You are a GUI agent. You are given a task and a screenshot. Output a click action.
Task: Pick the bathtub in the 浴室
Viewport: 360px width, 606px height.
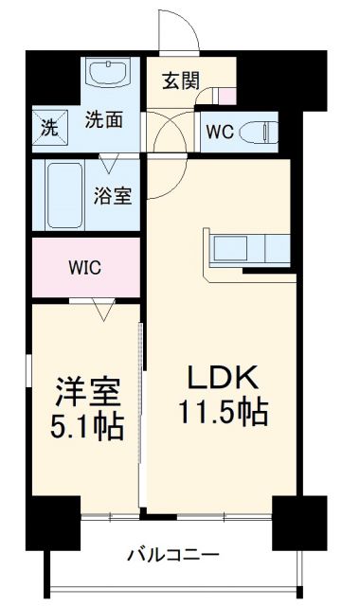pos(63,194)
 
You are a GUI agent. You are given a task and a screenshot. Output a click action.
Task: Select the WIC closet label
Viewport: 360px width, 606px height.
pos(82,268)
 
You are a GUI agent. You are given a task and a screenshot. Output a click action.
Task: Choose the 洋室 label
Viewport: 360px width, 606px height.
pos(84,391)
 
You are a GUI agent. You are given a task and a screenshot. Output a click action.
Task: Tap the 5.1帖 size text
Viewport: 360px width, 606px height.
pos(84,427)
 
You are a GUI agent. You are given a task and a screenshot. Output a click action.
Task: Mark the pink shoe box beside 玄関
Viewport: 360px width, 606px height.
pos(227,96)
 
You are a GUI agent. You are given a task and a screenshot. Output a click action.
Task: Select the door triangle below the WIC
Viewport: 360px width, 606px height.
pos(103,308)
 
